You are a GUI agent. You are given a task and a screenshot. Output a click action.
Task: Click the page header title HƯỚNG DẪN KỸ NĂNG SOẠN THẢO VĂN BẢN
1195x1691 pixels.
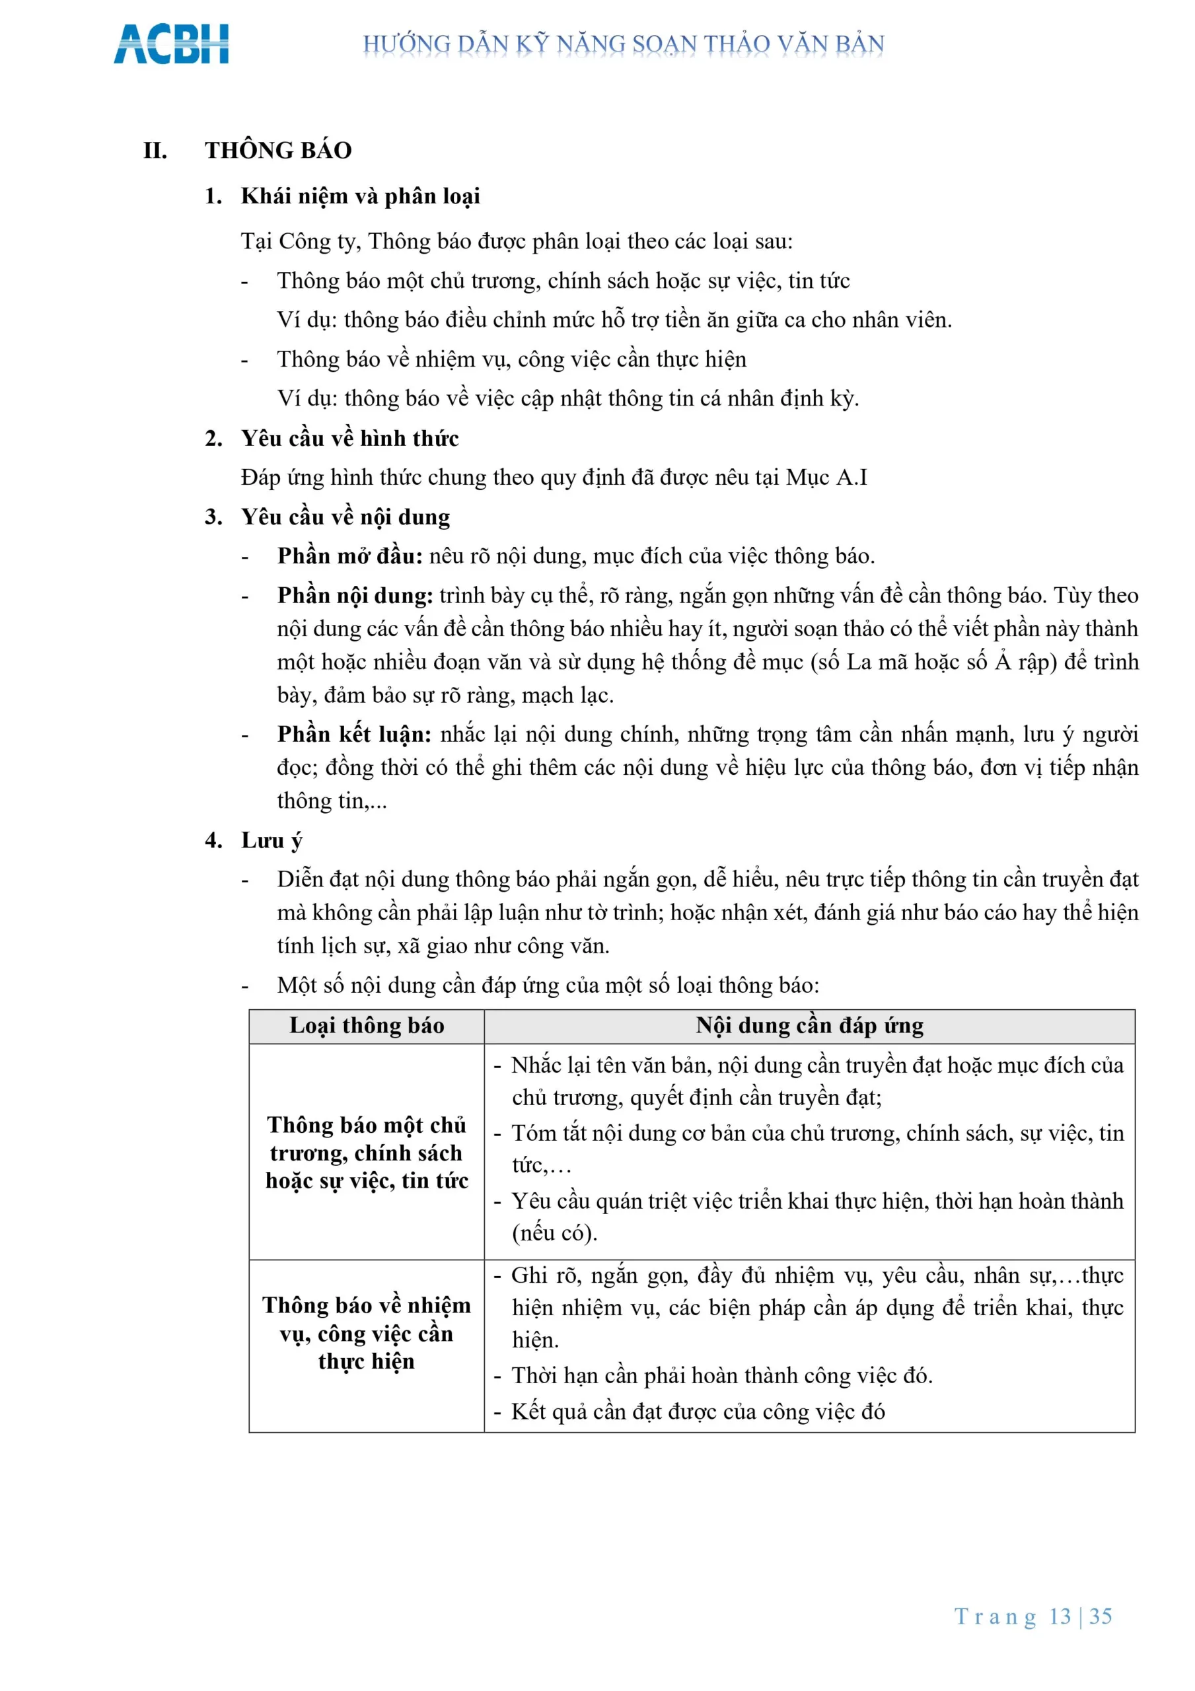coord(624,44)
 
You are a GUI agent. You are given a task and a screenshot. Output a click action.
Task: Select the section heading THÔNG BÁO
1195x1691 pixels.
coord(279,150)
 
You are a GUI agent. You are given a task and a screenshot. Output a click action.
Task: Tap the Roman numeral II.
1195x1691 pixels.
coord(155,150)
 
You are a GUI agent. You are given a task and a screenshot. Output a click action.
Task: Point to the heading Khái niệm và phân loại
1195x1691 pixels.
coord(360,196)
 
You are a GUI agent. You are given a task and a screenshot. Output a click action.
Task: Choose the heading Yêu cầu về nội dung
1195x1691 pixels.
coord(345,517)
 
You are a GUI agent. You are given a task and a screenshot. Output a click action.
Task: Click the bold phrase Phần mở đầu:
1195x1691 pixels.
coord(350,556)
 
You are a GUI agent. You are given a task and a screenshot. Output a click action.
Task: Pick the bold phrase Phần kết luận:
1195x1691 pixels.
coord(354,735)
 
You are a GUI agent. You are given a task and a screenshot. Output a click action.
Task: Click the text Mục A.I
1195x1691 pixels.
coord(826,478)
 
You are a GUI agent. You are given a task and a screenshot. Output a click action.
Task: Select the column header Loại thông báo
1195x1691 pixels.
coord(366,1025)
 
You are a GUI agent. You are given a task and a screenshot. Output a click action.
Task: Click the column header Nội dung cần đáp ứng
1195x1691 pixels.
coord(809,1025)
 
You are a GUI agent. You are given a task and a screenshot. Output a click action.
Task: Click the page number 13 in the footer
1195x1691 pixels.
coord(1060,1616)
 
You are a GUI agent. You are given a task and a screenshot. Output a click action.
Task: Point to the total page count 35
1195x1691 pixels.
coord(1101,1616)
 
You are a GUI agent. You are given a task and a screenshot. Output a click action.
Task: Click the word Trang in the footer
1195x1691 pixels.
coord(996,1616)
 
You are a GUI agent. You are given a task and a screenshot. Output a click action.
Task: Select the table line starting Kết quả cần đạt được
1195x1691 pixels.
coord(697,1411)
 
